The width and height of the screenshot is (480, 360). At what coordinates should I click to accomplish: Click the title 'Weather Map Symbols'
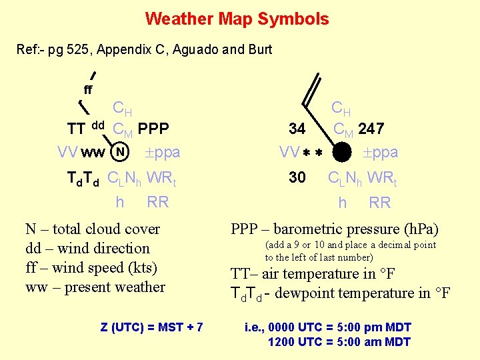point(237,19)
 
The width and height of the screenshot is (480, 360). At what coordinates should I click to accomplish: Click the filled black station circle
point(342,153)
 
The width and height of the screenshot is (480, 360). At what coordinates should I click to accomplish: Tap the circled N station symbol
point(119,151)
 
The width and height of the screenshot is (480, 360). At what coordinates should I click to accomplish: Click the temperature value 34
point(297,128)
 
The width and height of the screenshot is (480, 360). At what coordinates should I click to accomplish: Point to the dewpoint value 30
point(297,178)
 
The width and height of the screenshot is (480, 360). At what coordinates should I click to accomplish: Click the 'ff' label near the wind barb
point(88,89)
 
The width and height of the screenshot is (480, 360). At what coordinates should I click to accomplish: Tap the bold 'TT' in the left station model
point(76,128)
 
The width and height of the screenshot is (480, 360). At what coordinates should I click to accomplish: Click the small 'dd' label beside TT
point(98,125)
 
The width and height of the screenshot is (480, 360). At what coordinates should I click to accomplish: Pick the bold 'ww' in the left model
point(92,153)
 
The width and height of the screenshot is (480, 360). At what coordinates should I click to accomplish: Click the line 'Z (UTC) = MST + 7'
point(152,327)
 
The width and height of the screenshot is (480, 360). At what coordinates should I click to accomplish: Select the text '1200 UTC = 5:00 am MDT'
point(339,342)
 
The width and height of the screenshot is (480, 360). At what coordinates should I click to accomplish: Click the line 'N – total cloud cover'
point(93,229)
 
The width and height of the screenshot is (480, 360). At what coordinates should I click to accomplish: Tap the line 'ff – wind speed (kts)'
point(91,268)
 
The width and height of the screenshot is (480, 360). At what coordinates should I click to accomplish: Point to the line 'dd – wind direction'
point(87,249)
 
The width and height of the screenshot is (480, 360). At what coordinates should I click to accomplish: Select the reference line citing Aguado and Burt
point(143,49)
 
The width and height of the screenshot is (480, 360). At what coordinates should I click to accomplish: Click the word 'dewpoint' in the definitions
point(313,293)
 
